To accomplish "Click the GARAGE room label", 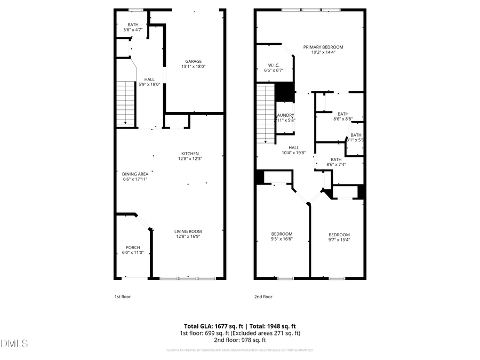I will (193, 61).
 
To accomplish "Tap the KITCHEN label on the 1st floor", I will (190, 154).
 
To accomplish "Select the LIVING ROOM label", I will (188, 231).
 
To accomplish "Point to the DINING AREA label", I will (135, 173).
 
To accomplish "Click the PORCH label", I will (133, 247).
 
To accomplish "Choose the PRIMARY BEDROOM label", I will (323, 47).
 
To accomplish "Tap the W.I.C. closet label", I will (274, 65).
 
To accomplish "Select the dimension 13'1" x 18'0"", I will (193, 67).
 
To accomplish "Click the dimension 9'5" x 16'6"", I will (282, 239).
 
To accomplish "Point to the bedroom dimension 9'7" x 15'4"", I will (339, 240).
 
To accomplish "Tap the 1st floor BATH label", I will (133, 25).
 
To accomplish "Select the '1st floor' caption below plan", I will (122, 297).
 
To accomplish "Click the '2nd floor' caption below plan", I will (263, 297).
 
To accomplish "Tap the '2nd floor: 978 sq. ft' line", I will (240, 340).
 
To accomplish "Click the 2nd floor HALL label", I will (293, 148).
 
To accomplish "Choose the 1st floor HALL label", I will (149, 79).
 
